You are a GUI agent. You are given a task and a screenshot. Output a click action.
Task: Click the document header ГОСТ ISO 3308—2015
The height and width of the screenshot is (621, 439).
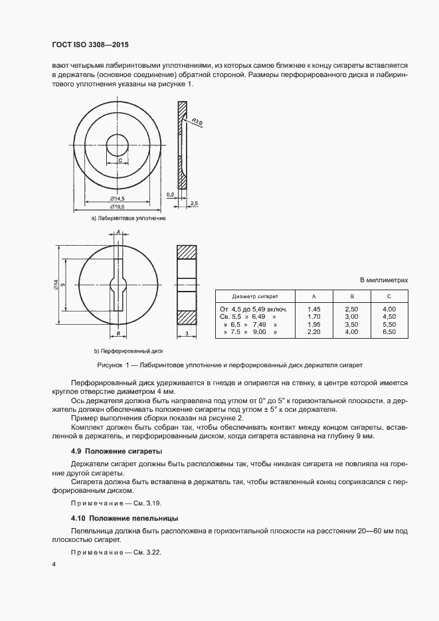tap(90, 44)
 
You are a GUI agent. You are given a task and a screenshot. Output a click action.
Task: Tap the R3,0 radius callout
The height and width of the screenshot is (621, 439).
tap(197, 121)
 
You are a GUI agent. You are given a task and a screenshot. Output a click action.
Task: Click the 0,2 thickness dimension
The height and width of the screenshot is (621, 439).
tap(171, 194)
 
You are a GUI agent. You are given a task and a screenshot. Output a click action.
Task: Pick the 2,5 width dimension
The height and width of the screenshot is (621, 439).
tap(194, 202)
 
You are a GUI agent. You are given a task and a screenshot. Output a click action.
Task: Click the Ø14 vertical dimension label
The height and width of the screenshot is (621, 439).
tap(56, 284)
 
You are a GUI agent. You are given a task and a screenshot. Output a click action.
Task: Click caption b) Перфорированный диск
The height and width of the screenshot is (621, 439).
tap(129, 350)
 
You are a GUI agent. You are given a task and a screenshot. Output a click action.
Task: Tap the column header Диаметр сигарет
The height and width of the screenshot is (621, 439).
tap(255, 296)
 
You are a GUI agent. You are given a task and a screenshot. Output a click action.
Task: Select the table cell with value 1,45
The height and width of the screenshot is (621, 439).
tap(315, 309)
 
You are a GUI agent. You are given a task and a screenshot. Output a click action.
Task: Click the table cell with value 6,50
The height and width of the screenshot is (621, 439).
tap(390, 331)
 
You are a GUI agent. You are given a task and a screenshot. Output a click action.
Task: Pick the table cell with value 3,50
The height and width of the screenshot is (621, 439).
tap(352, 323)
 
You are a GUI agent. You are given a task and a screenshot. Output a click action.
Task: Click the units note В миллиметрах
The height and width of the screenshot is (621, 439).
tap(384, 280)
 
